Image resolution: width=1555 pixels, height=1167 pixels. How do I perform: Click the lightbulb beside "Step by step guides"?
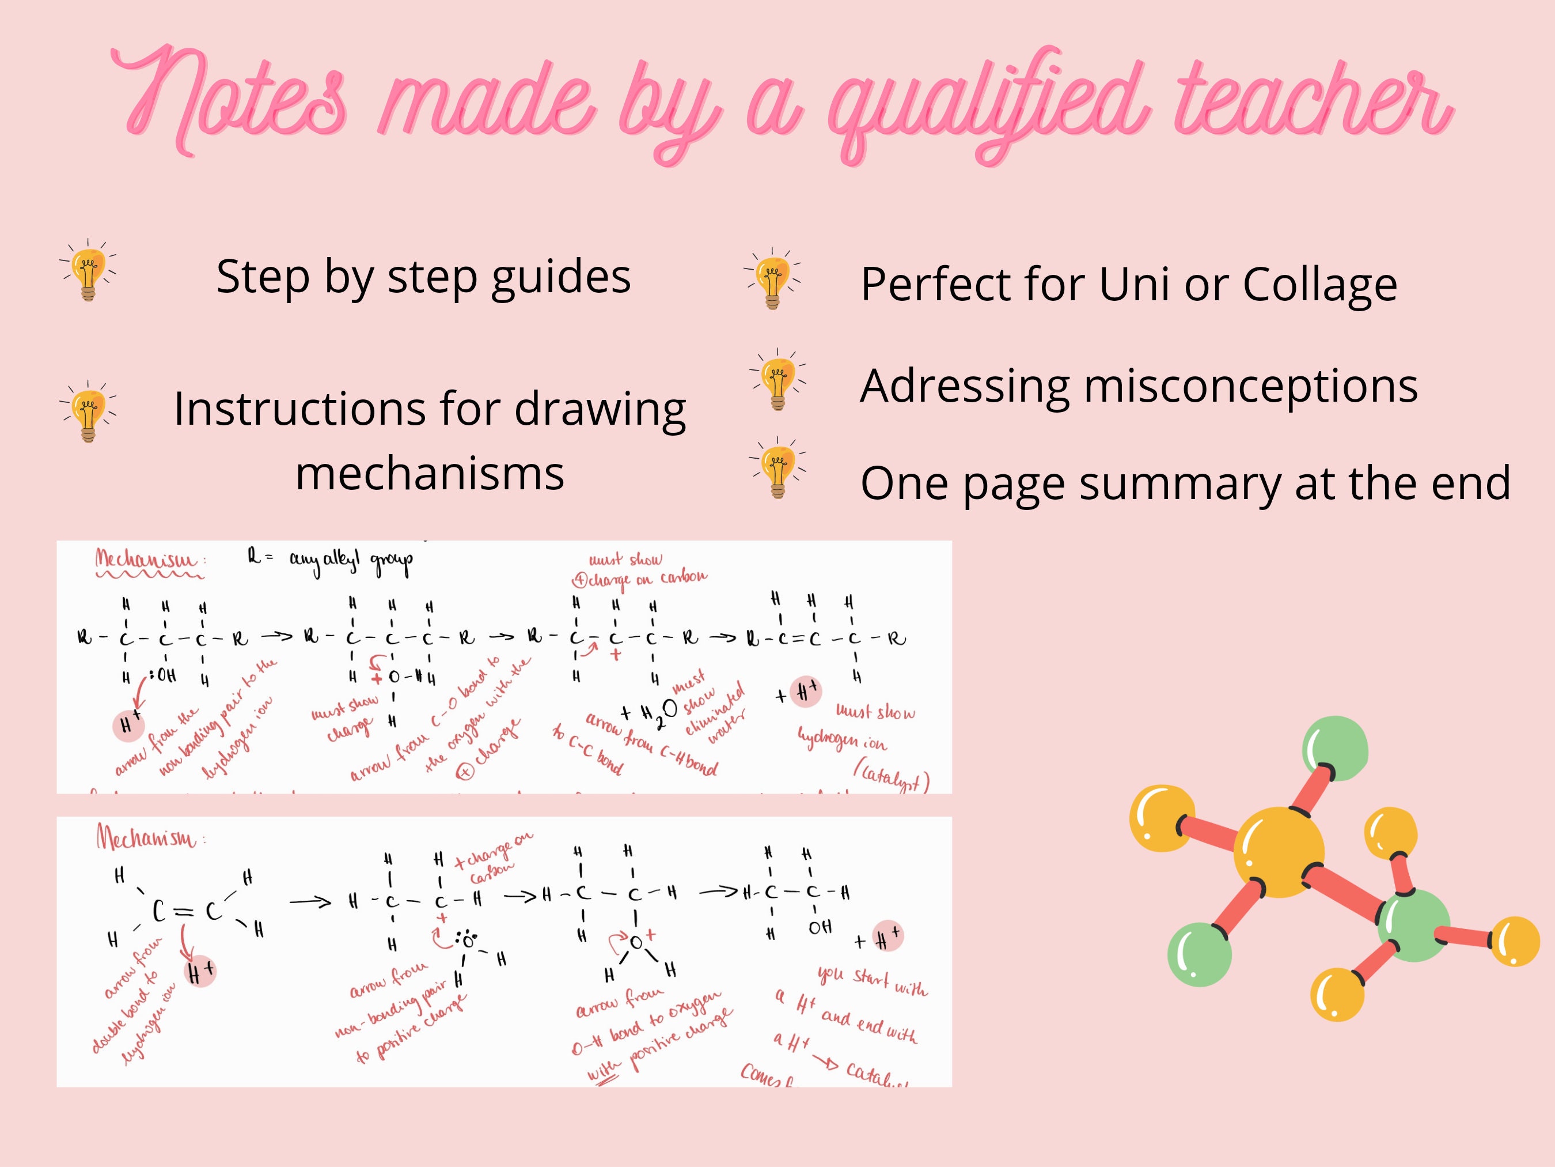click(88, 270)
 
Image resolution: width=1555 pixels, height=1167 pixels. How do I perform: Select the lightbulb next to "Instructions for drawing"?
click(88, 411)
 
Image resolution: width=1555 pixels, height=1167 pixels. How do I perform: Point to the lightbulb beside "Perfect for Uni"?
click(772, 278)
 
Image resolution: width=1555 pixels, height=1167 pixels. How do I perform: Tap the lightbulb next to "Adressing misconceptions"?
click(777, 380)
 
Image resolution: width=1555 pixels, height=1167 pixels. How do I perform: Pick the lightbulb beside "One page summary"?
click(777, 468)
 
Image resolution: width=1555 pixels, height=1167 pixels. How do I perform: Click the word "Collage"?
click(1319, 284)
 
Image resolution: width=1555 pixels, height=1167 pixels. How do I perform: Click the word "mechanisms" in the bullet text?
click(430, 473)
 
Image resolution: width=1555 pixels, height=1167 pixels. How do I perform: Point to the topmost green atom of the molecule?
click(1335, 749)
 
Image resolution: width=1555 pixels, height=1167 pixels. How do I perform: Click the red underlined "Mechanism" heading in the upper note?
click(146, 561)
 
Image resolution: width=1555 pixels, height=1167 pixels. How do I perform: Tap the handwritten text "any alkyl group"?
click(351, 561)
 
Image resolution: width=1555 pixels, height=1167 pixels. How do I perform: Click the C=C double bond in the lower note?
click(185, 911)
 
